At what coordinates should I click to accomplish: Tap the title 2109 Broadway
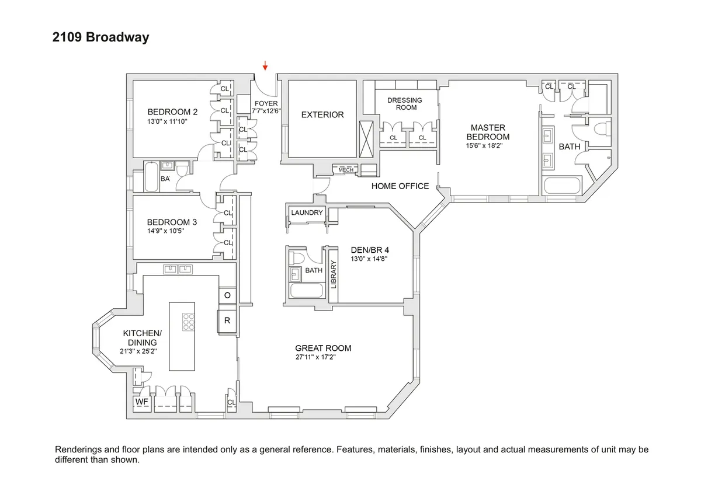(x=101, y=38)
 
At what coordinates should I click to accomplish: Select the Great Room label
(x=323, y=348)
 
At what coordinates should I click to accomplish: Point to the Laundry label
(x=307, y=213)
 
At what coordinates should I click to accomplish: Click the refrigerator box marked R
(x=227, y=320)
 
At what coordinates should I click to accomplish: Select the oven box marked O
(x=227, y=296)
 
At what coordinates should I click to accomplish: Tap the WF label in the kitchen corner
(x=141, y=402)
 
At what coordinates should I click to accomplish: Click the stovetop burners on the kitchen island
(x=189, y=322)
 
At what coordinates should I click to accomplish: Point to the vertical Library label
(x=334, y=274)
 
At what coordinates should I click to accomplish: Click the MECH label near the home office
(x=346, y=170)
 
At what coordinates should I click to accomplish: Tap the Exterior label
(x=322, y=115)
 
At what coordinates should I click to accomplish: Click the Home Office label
(x=400, y=186)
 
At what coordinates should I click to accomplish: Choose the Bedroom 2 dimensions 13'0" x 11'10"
(x=172, y=122)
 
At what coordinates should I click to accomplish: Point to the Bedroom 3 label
(x=172, y=222)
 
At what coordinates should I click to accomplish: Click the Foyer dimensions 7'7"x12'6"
(x=266, y=110)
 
